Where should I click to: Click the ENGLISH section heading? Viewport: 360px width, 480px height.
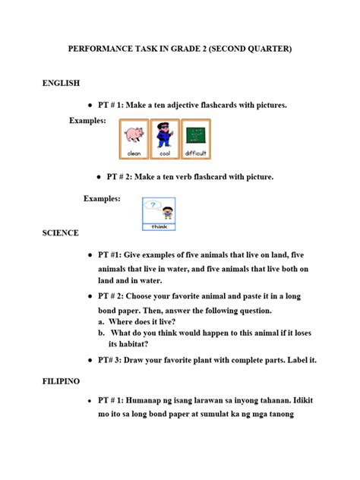(61, 83)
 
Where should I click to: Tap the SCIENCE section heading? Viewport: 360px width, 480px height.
(61, 232)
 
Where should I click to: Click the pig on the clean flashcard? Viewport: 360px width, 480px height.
(134, 137)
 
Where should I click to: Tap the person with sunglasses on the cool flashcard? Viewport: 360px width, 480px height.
(165, 137)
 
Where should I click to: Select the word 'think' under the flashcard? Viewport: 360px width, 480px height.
(159, 226)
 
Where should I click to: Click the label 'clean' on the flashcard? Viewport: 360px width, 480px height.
(134, 153)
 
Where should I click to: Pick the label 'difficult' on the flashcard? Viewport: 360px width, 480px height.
(196, 153)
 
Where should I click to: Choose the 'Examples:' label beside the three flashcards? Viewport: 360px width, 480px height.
(88, 121)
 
